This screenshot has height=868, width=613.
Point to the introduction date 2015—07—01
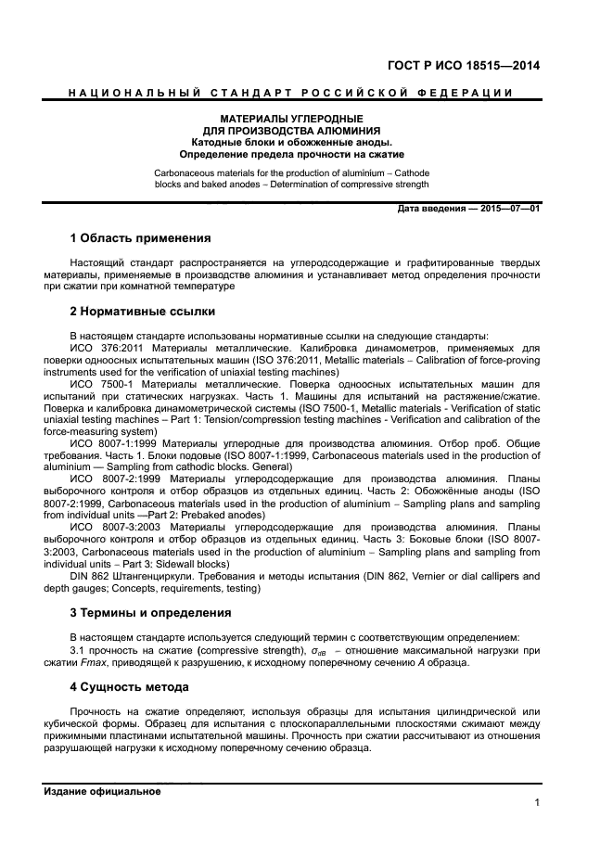[x=508, y=209]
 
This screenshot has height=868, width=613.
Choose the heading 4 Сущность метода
[x=129, y=687]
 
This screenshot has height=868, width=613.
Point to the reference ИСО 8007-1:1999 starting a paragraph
[x=113, y=443]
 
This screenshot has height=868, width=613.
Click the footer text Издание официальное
[x=102, y=791]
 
